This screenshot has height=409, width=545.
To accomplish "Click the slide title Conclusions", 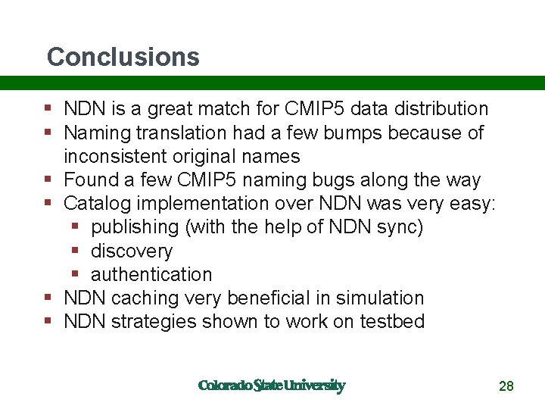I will [x=123, y=57].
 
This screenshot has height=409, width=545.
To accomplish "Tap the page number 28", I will [x=506, y=386].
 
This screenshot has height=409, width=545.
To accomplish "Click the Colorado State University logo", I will [x=271, y=386].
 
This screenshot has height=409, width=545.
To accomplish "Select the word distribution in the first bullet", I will [x=443, y=109].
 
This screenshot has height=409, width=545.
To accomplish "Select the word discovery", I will [x=132, y=251].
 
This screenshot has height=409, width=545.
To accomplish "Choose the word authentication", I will [x=151, y=274].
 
